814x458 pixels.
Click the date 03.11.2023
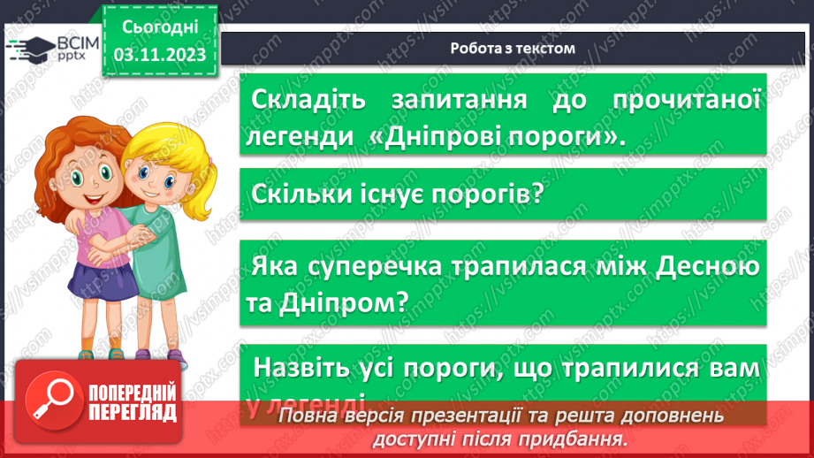pos(160,54)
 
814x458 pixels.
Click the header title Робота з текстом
pos(512,49)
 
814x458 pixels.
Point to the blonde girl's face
pos(149,174)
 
